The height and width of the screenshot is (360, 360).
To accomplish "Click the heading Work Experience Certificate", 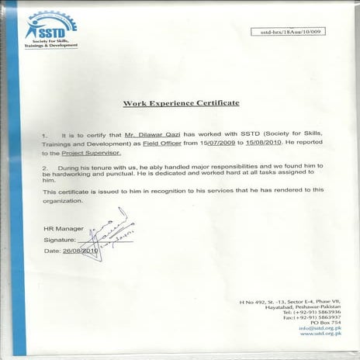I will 181,102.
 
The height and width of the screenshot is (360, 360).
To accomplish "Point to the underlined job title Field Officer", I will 162,144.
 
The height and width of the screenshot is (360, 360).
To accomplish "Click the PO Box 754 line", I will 326,323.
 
